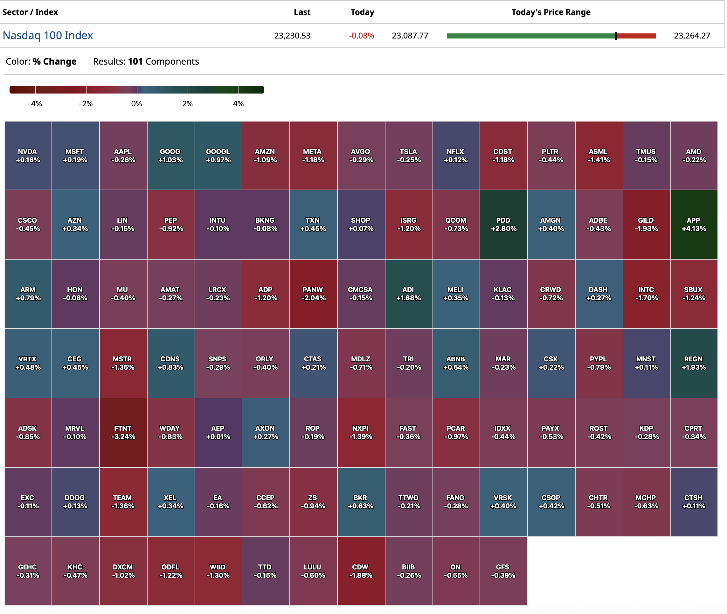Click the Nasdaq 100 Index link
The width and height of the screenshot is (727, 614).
click(x=48, y=36)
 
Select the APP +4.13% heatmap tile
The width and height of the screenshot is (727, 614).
click(x=694, y=225)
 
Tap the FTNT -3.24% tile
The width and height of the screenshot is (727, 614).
click(x=123, y=432)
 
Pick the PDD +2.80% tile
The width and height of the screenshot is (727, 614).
click(x=503, y=225)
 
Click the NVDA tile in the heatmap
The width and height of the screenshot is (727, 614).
click(x=28, y=156)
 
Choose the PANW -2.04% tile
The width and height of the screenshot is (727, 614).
click(x=313, y=294)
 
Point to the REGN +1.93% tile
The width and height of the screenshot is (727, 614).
click(x=694, y=363)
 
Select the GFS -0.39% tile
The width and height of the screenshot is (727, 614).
click(x=503, y=571)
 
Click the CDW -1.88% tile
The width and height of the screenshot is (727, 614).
click(x=361, y=571)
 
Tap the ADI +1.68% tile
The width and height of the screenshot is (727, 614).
click(x=408, y=294)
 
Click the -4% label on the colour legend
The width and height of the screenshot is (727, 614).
click(x=35, y=104)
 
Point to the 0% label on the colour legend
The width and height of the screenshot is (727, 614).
click(x=136, y=104)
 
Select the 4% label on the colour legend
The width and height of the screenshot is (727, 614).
click(x=239, y=104)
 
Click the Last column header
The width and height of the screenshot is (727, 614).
click(x=302, y=12)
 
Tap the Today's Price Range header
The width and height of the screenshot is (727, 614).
click(x=550, y=12)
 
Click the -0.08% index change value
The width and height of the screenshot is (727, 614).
click(x=361, y=36)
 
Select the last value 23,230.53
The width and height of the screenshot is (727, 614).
click(x=292, y=36)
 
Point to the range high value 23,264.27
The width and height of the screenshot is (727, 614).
click(x=692, y=36)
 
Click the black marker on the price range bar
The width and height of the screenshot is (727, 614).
click(x=615, y=36)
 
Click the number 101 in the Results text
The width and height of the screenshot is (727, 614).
click(x=135, y=62)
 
